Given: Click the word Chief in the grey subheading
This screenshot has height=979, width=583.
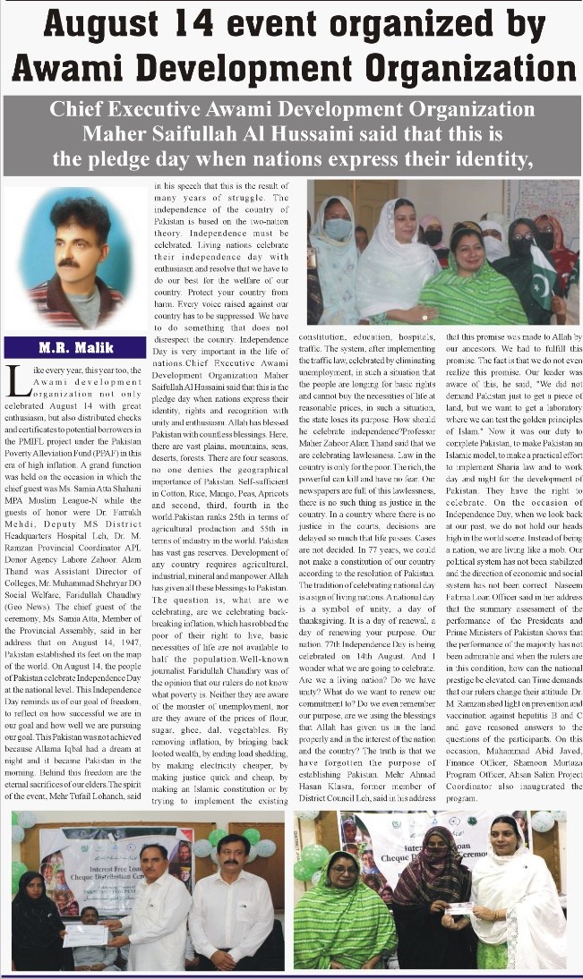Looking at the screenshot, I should [x=84, y=110].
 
